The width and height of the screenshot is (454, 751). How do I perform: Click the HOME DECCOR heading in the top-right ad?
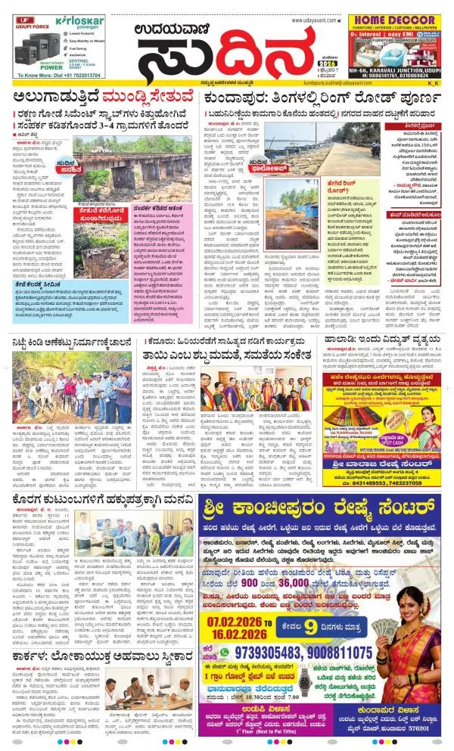(x=398, y=21)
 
